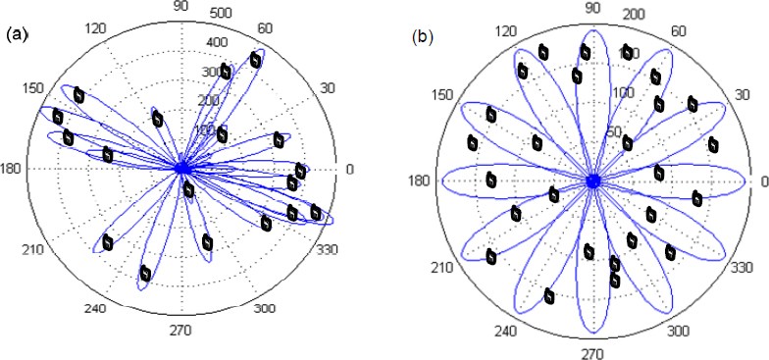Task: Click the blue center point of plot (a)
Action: coord(181,169)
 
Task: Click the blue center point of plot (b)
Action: coord(592,181)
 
